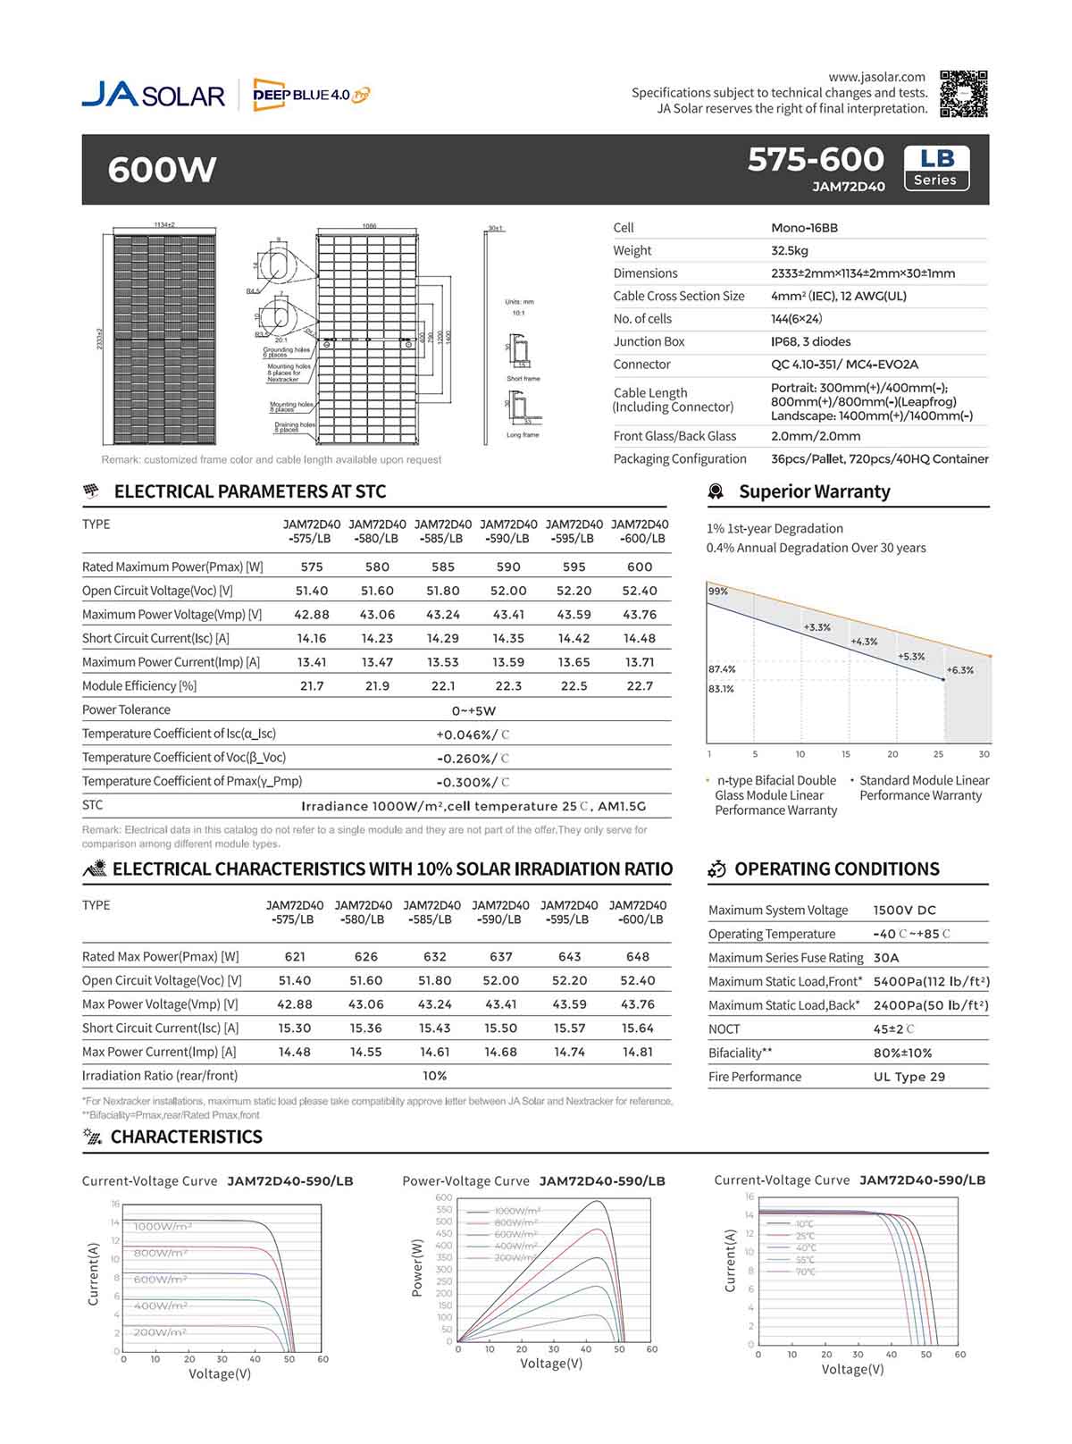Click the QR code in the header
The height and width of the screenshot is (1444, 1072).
pos(964,93)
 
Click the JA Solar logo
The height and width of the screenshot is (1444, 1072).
pos(153,95)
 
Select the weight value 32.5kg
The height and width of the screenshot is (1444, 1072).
pos(790,251)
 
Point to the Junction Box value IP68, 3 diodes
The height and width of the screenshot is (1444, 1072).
pos(810,342)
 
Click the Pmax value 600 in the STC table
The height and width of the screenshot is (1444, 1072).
pos(640,567)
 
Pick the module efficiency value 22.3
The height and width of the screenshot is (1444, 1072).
pos(508,686)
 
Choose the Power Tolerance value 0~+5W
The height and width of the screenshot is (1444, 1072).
pos(473,711)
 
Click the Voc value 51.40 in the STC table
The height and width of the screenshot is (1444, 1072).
pos(312,591)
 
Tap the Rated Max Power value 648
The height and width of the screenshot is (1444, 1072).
pos(638,957)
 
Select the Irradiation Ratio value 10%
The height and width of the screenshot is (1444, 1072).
pos(434,1076)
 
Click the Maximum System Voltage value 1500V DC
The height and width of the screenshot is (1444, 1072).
pos(904,911)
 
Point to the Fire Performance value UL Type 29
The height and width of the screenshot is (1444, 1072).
pos(909,1077)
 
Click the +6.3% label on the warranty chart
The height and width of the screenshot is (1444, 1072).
pos(959,670)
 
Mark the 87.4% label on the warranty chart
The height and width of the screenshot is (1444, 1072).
pos(722,669)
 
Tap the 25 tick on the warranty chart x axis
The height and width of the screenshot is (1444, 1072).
pos(938,754)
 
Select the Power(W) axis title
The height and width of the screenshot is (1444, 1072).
pos(417,1268)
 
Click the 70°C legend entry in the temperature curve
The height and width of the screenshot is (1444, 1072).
pos(805,1272)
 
